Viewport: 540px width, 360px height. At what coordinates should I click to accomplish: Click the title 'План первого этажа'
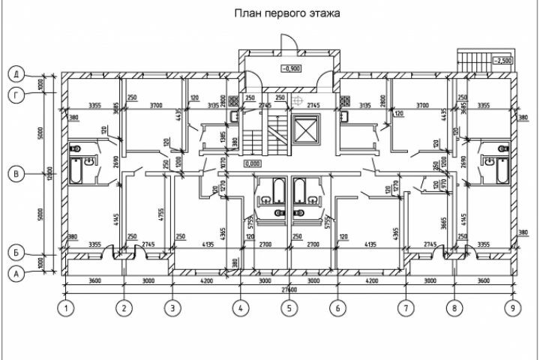pos(287,13)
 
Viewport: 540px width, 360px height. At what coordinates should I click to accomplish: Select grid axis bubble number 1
pos(67,307)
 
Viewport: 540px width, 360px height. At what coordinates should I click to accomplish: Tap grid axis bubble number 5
pos(286,307)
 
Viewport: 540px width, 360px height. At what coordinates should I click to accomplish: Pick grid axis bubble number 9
pos(512,307)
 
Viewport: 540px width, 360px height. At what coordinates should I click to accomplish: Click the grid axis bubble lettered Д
pos(14,74)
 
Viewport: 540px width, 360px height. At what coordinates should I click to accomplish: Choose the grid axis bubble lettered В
pos(14,174)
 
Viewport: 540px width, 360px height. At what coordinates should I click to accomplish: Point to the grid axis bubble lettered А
pos(14,274)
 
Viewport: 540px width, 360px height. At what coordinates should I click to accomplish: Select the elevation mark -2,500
pos(502,60)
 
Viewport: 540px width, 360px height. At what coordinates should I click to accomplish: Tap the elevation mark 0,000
pos(252,163)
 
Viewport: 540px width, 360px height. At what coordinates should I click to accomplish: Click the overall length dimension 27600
pos(289,289)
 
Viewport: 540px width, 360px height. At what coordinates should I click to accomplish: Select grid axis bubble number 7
pos(406,307)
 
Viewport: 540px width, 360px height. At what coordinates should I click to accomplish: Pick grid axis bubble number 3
pos(172,307)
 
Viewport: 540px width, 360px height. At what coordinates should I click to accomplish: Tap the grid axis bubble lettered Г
pos(14,94)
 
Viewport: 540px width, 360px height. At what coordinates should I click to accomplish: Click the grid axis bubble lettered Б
pos(14,252)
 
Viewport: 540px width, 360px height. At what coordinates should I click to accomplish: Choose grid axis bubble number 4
pos(240,307)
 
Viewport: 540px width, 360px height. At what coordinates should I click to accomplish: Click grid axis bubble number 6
pos(337,307)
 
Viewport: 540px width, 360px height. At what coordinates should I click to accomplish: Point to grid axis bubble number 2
pos(125,307)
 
